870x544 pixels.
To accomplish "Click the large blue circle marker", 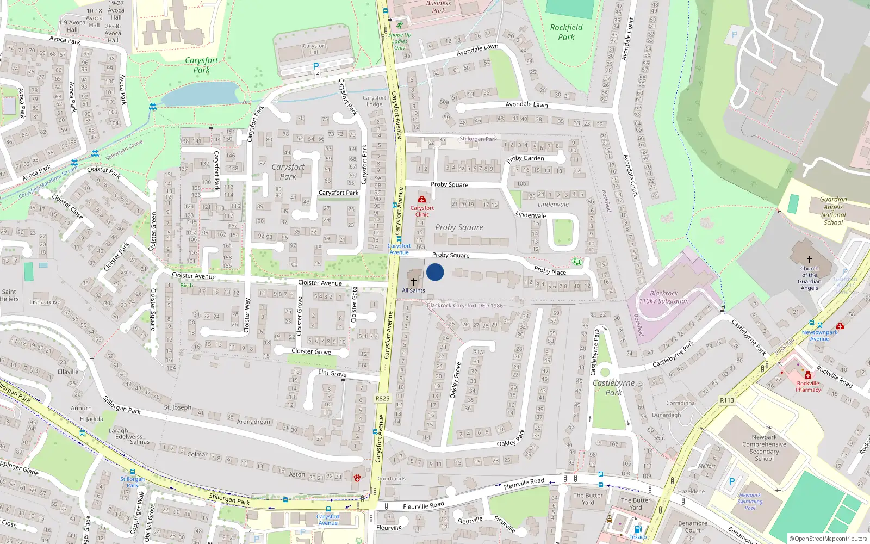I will (435, 272).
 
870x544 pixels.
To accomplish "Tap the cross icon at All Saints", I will (414, 281).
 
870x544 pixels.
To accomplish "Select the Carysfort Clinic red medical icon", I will (422, 200).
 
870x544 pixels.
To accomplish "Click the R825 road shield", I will (383, 398).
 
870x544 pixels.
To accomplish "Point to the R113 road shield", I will (727, 400).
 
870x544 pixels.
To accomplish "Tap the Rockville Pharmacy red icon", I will (808, 375).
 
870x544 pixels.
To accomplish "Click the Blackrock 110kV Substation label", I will (664, 297).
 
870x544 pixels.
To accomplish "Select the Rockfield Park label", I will (566, 32).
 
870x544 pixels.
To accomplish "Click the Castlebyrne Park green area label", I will (614, 387).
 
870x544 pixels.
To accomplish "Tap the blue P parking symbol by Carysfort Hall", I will (316, 66).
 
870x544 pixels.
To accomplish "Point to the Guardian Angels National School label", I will (834, 211).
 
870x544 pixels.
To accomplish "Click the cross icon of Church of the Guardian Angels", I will (810, 259).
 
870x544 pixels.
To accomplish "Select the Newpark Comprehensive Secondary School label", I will (764, 448).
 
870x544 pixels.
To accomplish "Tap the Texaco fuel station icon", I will (638, 529).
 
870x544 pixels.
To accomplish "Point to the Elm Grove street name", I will (332, 373).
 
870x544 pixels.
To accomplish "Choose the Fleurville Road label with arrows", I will (524, 483).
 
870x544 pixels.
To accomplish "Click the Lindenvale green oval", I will (563, 232).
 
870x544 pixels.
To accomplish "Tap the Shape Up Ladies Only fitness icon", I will (400, 26).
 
